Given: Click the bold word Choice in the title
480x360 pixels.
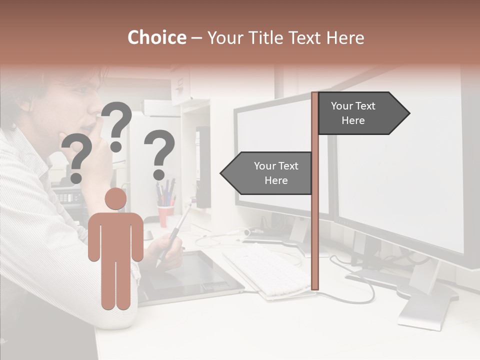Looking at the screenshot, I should click(x=156, y=38).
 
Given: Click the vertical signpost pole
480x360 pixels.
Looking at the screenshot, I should click(x=315, y=200).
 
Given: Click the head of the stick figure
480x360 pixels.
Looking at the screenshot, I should click(x=115, y=198).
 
